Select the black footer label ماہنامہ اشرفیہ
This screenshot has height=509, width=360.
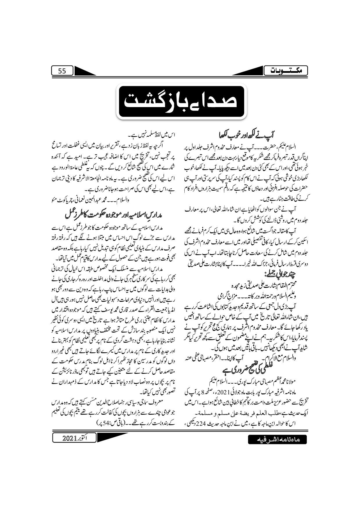(x=277, y=448)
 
